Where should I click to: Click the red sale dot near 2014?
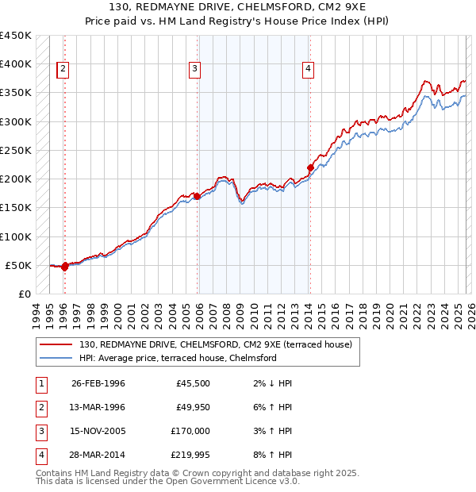310,167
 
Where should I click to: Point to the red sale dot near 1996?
64,267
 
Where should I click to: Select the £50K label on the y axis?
19,265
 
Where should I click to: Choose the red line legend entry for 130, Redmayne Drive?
209,344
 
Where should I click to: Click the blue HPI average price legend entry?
177,358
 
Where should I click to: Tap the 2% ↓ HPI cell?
269,383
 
